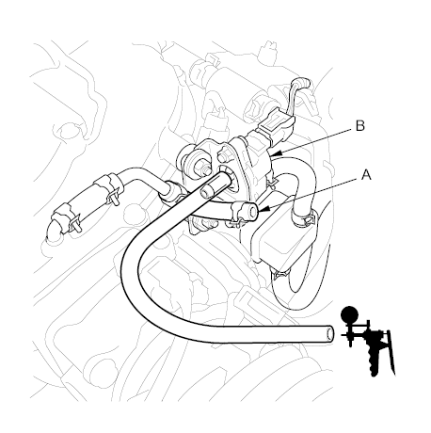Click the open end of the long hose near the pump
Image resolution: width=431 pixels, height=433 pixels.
point(327,333)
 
